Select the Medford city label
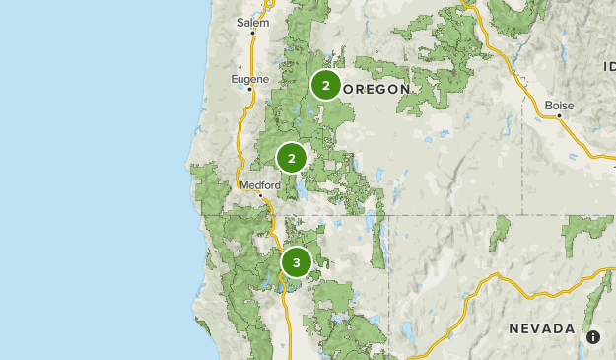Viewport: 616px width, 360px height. [x=260, y=184]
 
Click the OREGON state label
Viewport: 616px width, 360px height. [x=380, y=89]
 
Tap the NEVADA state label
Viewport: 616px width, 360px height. [x=542, y=327]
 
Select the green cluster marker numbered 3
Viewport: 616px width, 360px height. [x=296, y=262]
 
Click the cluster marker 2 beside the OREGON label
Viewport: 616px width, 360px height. [x=325, y=85]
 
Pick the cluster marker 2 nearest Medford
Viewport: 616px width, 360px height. [x=292, y=158]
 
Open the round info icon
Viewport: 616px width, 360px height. [x=593, y=337]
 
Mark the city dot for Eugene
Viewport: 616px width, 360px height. [x=250, y=89]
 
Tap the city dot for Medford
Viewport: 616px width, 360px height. [x=261, y=196]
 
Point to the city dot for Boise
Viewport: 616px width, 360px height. [x=559, y=115]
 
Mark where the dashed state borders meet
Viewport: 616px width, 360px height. [x=387, y=214]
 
